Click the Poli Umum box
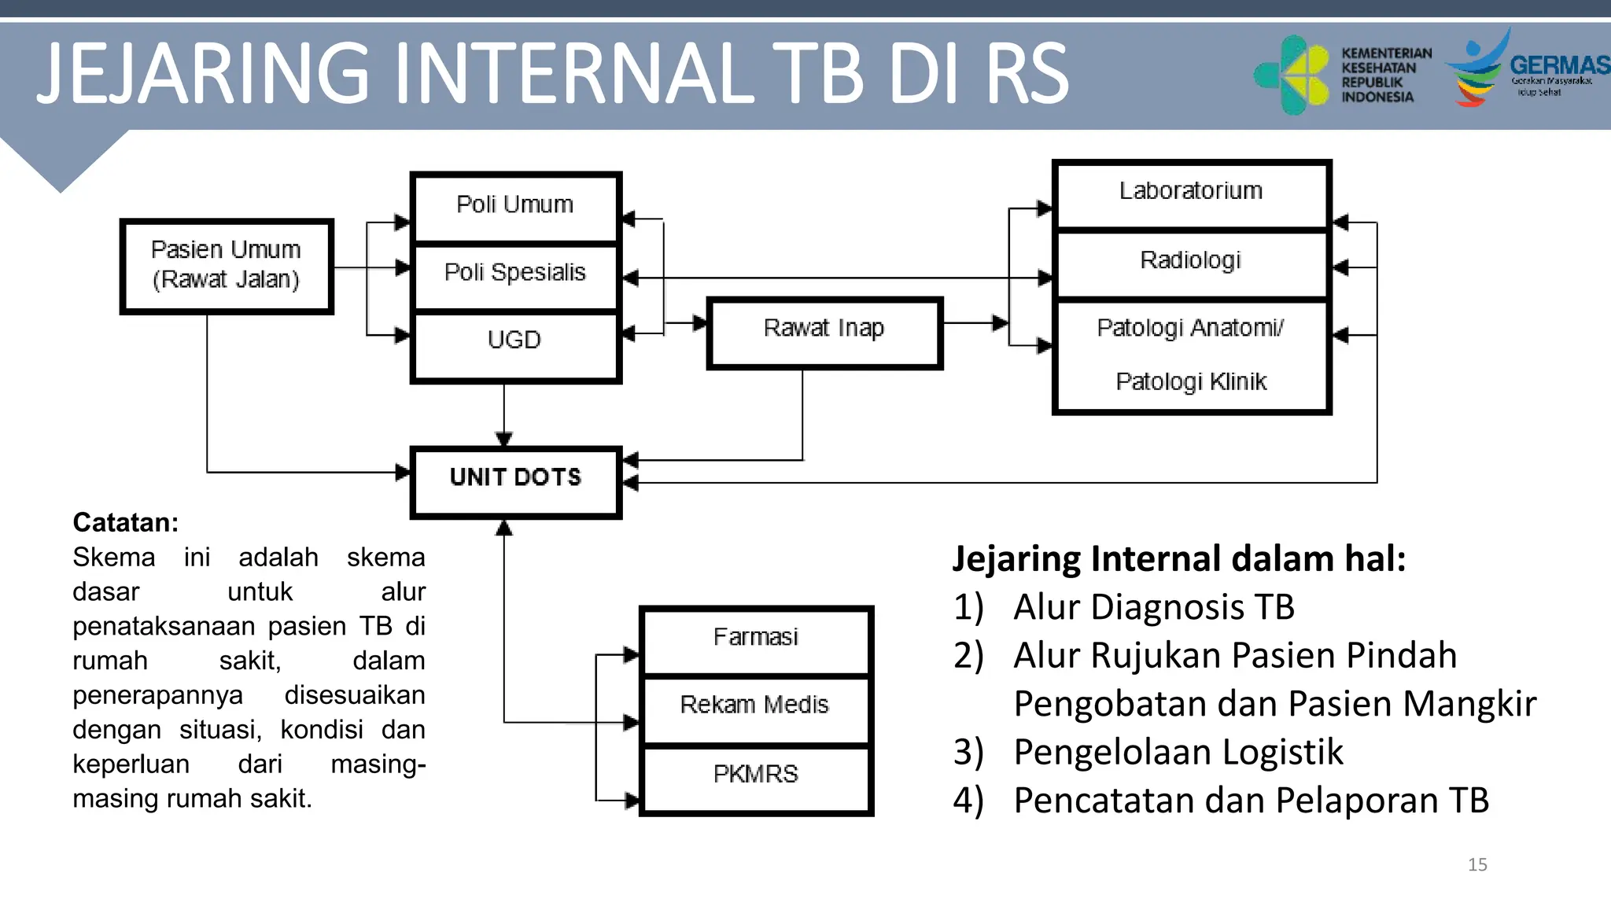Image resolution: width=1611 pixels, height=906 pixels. [516, 206]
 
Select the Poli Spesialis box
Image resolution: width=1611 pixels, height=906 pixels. [516, 274]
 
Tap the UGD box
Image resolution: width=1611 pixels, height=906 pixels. [516, 341]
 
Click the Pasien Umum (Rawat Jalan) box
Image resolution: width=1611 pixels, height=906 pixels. [227, 265]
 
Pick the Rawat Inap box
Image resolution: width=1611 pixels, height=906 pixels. [824, 330]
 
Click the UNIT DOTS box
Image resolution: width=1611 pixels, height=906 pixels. [516, 480]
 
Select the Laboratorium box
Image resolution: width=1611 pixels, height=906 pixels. [1191, 193]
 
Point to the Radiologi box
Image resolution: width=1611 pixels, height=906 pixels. [1191, 261]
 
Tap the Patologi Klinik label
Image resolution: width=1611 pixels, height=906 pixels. [1191, 382]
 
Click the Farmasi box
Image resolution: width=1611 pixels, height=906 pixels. [756, 639]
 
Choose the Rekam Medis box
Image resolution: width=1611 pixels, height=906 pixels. [756, 706]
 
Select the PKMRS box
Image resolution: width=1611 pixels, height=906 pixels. [756, 775]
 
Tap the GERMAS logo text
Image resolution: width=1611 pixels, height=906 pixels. [1559, 65]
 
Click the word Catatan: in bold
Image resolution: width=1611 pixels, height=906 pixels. [126, 523]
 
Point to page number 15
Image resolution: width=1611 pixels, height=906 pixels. [1477, 865]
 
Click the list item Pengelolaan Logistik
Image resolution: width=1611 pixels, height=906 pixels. [1178, 752]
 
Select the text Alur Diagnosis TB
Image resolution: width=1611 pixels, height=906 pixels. [1153, 607]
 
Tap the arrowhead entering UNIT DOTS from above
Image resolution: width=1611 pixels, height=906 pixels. [504, 439]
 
